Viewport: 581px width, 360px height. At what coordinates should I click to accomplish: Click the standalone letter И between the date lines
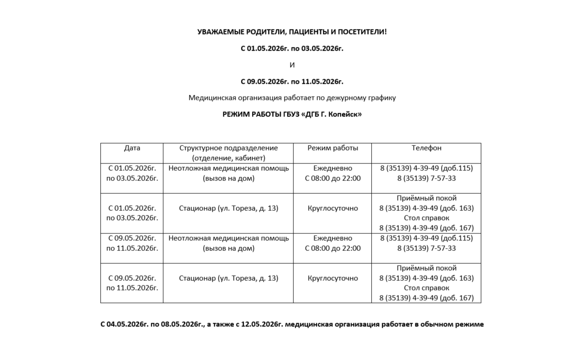coord(292,65)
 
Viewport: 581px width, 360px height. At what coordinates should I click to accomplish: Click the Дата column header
coord(132,148)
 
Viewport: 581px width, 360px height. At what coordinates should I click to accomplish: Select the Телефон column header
coord(426,148)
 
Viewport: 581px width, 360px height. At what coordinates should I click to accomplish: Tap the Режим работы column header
coord(333,148)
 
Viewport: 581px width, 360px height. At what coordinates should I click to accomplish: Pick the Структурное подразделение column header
coord(229,153)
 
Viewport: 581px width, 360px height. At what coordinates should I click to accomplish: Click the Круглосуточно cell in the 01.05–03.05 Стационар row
coord(333,209)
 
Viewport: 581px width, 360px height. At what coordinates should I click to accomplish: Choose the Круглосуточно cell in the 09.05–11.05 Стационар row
coord(333,278)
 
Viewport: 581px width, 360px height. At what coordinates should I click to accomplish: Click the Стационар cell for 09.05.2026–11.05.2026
coord(229,278)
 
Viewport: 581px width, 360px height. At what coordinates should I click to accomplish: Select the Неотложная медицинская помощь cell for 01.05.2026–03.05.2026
coord(229,173)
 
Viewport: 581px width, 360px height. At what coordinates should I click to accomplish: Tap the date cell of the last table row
coord(132,283)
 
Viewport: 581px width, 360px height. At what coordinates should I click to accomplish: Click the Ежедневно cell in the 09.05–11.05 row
coord(333,243)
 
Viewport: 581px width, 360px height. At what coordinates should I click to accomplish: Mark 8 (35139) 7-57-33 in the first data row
coord(426,178)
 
